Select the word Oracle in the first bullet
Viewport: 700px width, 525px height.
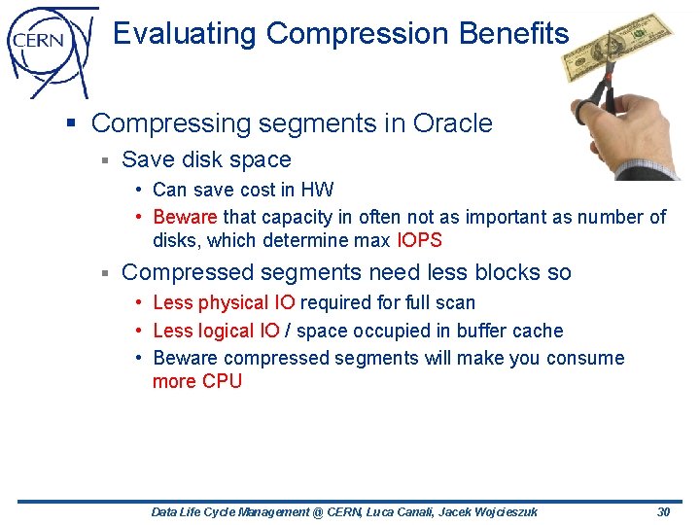[452, 123]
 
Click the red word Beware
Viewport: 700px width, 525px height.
[186, 217]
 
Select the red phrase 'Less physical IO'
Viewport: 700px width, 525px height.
[225, 303]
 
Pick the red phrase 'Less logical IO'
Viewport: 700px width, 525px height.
[217, 331]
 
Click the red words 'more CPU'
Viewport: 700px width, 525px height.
[197, 381]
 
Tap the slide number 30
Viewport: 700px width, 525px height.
[664, 511]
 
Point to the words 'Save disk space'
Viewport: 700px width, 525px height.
[206, 159]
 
